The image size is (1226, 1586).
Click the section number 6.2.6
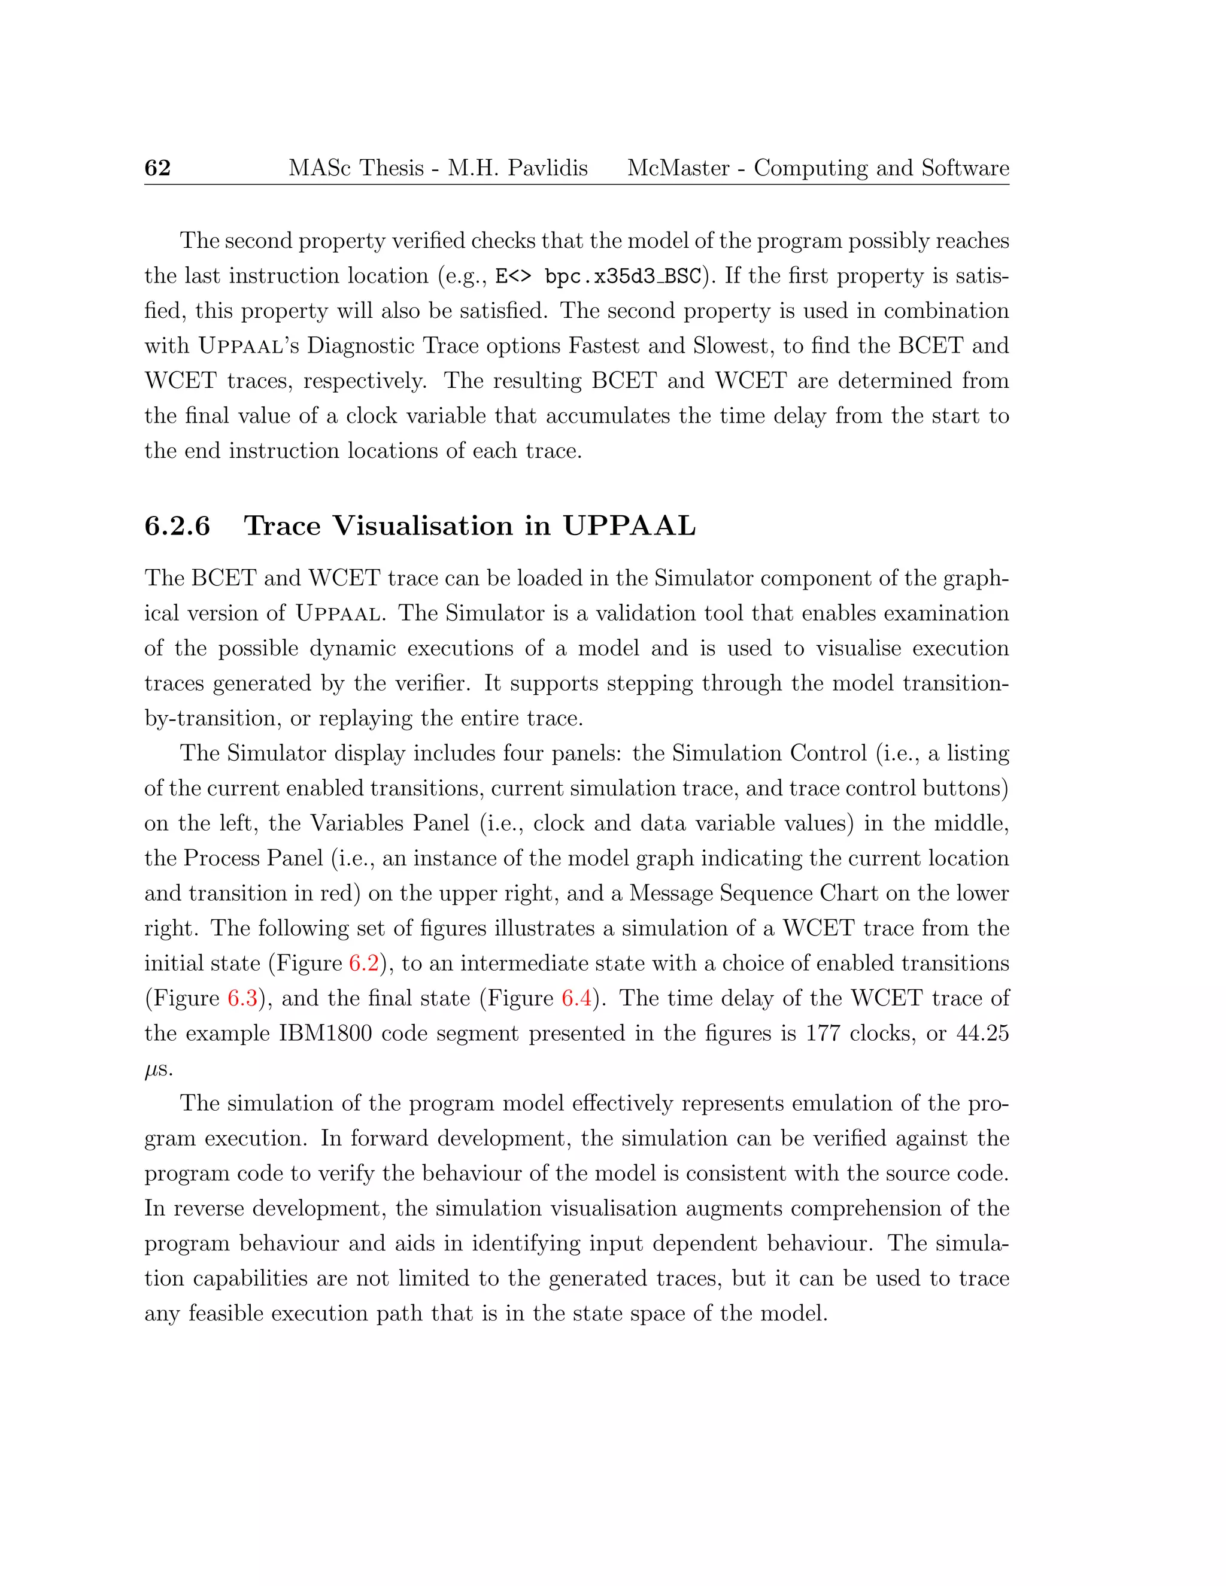177,525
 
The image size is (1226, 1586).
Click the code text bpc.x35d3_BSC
623,277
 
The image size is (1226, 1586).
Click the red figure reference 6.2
364,964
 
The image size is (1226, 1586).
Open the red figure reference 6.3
242,998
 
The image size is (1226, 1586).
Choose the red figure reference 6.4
576,998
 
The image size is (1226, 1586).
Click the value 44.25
983,1034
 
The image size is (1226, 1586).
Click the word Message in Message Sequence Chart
672,893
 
